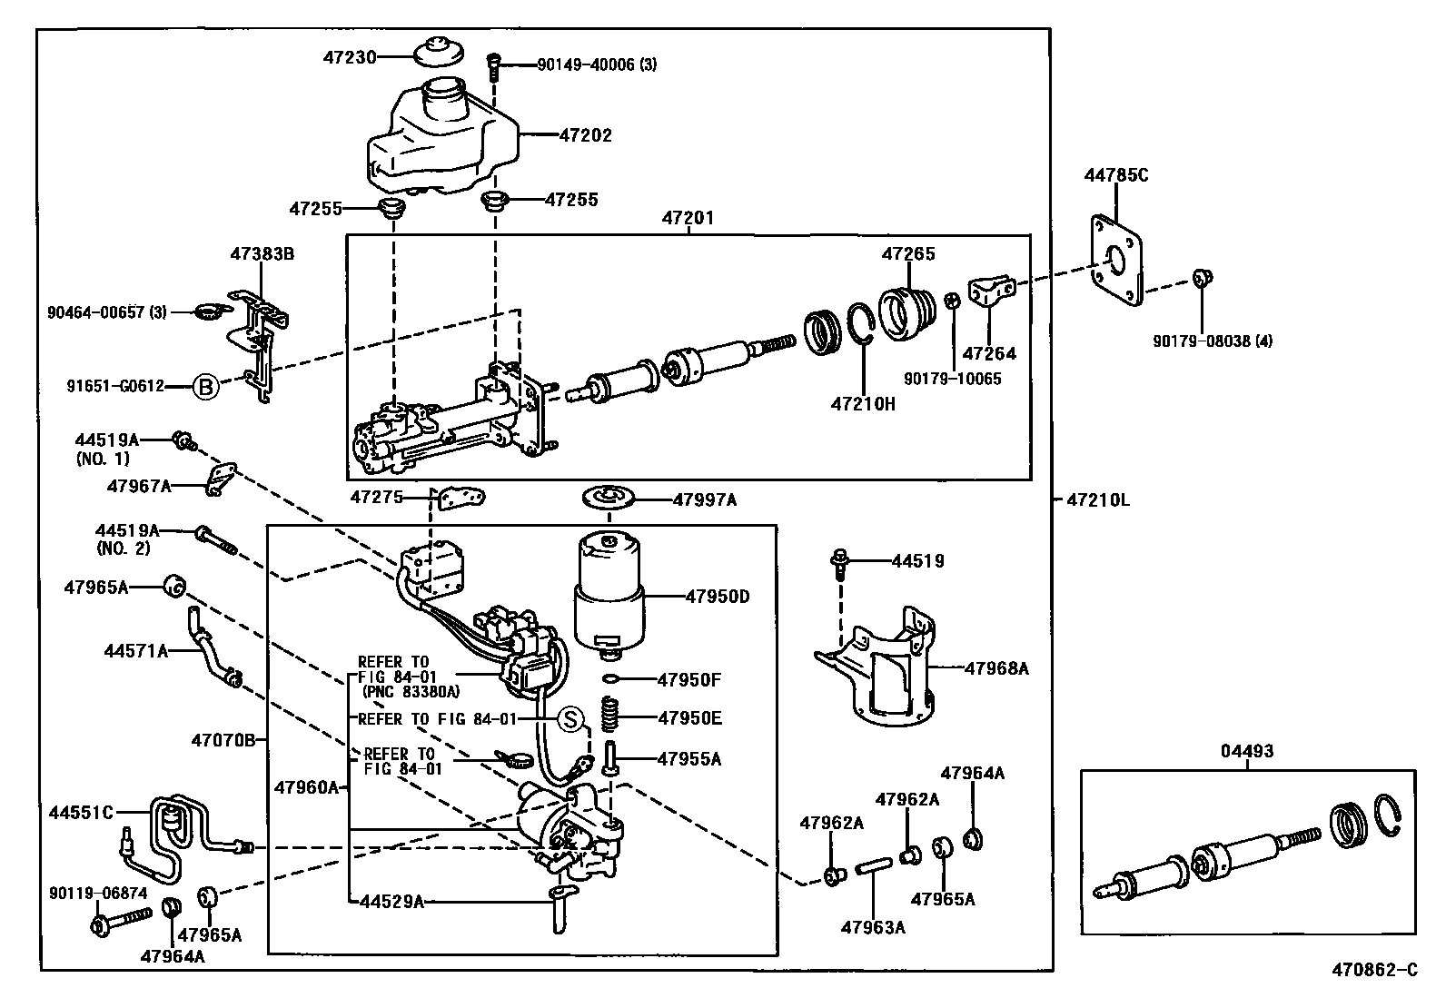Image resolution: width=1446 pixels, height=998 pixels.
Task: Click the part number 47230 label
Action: point(350,56)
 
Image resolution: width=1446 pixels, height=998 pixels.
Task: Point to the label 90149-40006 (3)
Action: point(596,64)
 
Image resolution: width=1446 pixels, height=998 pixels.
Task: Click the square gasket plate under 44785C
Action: point(1115,262)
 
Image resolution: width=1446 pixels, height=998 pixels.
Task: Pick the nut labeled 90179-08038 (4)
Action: point(1200,278)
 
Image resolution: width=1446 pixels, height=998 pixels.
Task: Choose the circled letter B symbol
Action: point(206,388)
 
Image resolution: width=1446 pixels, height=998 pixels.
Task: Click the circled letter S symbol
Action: point(569,719)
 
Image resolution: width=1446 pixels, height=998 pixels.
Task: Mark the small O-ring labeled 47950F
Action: point(612,679)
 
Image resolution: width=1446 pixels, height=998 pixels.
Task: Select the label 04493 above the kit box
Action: point(1246,752)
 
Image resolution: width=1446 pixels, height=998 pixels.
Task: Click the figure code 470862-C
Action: point(1374,971)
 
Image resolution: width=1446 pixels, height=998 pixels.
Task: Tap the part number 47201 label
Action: point(688,219)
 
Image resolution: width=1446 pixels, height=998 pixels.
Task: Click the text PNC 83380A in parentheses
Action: point(409,691)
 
